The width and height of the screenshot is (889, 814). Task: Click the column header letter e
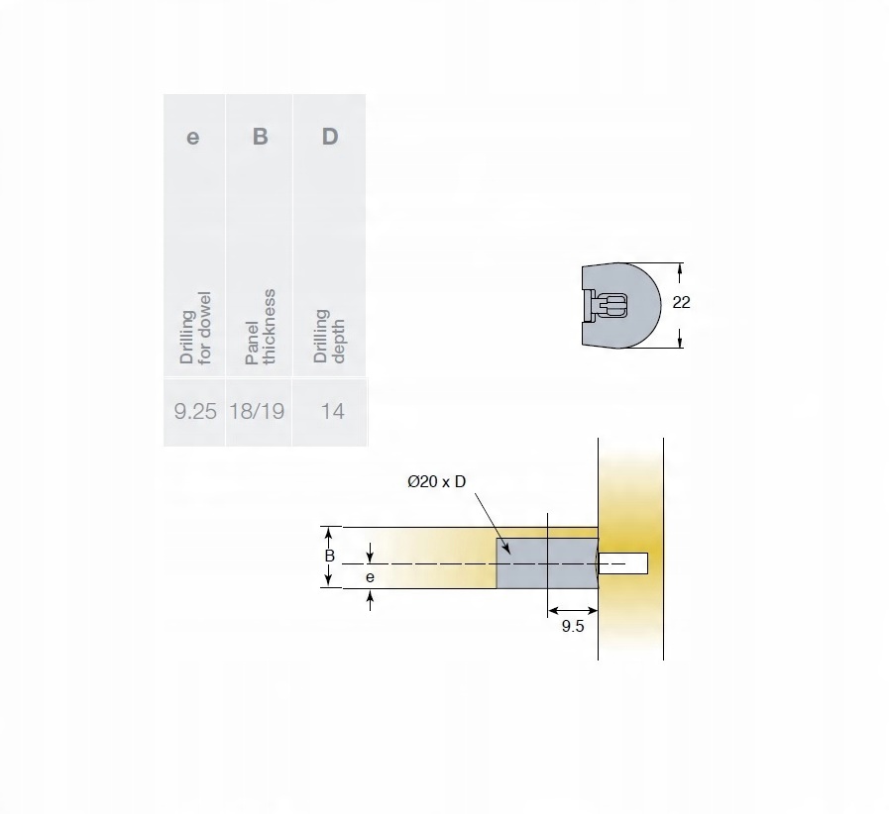(193, 138)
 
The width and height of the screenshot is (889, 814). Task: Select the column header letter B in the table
(261, 137)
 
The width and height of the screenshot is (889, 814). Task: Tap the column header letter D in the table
(330, 137)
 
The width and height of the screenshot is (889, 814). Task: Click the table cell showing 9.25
(195, 411)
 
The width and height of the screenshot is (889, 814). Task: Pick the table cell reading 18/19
(257, 411)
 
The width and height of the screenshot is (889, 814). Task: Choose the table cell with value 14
(333, 411)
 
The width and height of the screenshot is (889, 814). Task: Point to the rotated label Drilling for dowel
(195, 328)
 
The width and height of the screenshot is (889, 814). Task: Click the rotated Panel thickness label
(261, 327)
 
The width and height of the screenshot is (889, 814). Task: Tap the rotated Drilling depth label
(329, 336)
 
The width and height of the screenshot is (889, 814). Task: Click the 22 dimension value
(681, 302)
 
